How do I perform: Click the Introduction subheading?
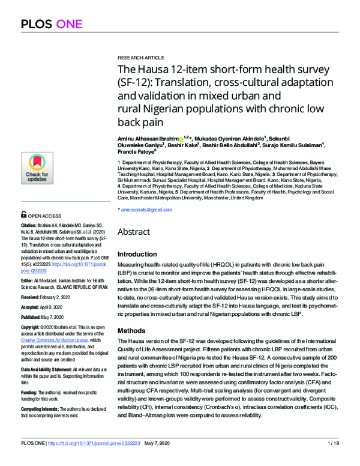(x=140, y=254)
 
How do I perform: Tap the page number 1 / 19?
(x=332, y=460)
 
